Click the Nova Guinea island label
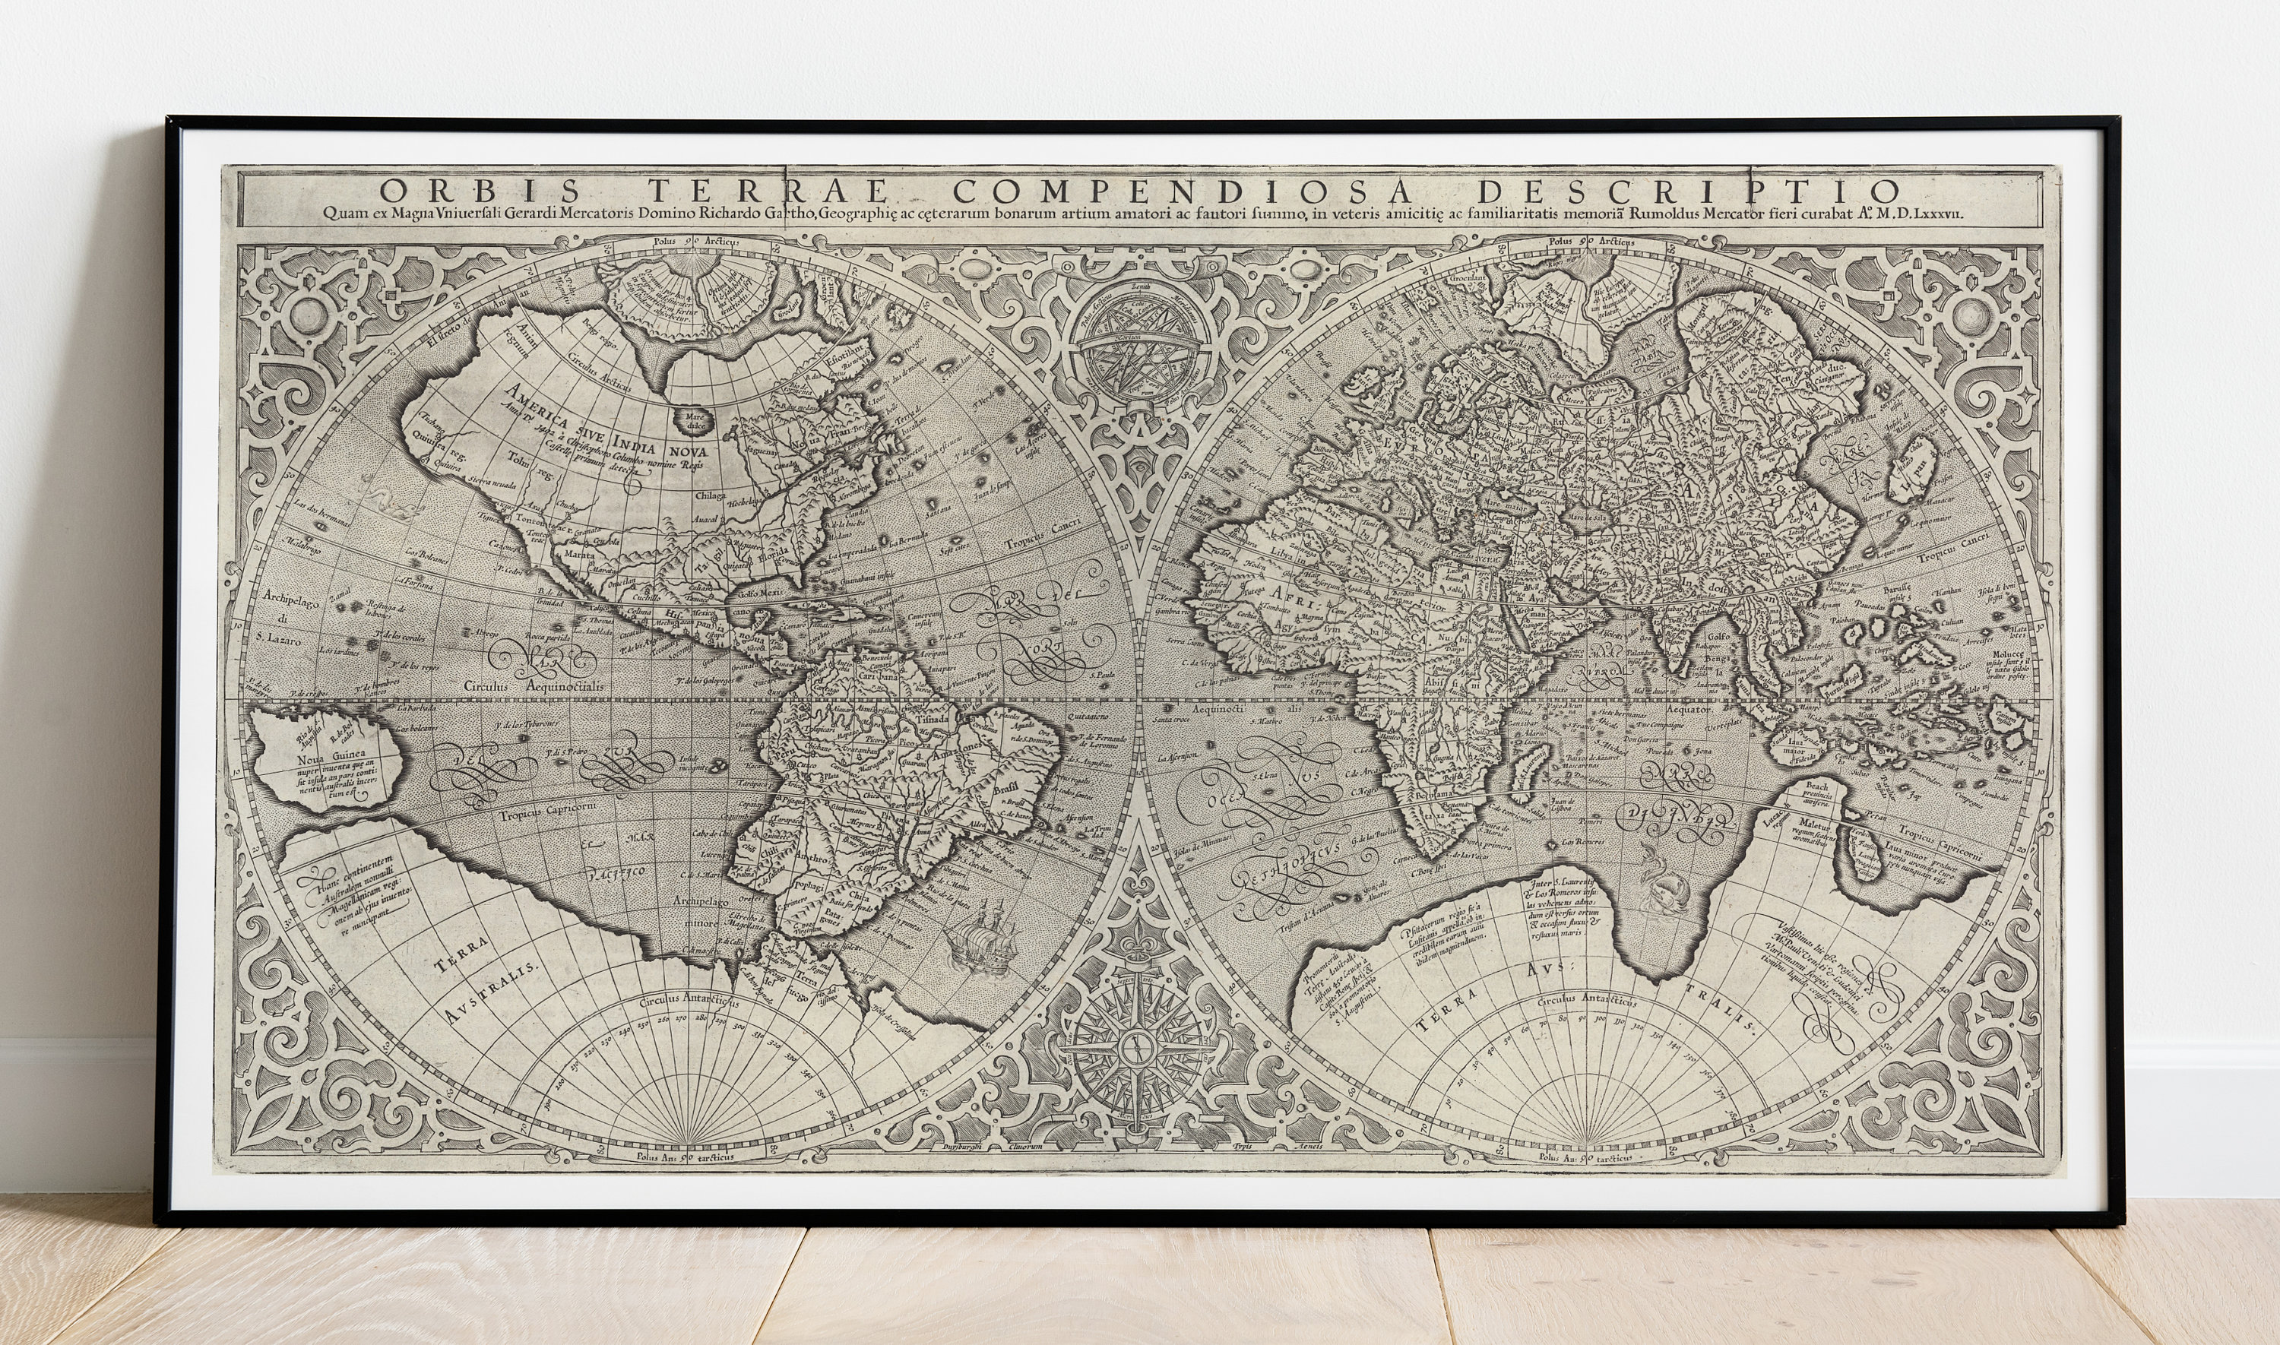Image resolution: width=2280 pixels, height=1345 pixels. pos(324,753)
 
